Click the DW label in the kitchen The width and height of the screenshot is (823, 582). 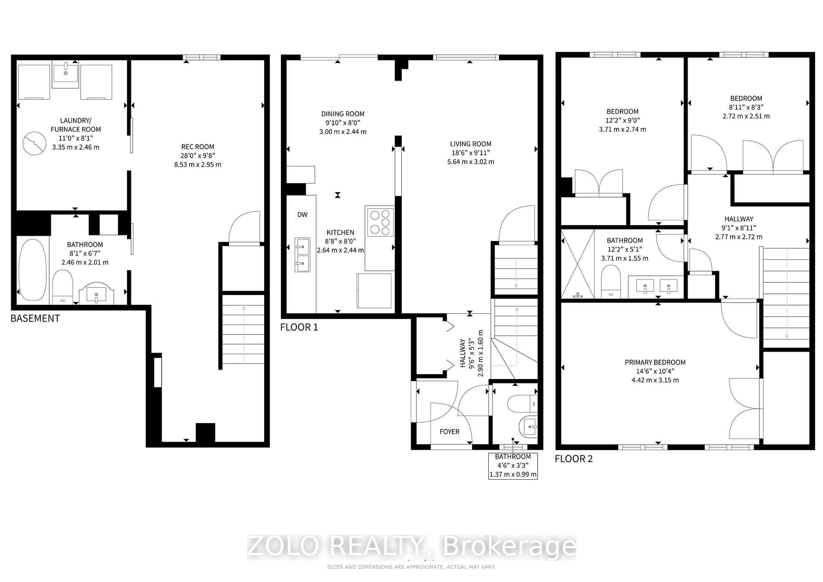(x=302, y=215)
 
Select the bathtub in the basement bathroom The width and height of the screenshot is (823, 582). (x=33, y=270)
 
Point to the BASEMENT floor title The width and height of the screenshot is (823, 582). (x=35, y=318)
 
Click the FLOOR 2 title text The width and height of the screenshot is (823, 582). (x=574, y=459)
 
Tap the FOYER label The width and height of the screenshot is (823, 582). (x=449, y=432)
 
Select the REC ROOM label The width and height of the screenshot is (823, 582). (x=198, y=147)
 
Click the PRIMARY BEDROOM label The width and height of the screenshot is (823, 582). (x=655, y=362)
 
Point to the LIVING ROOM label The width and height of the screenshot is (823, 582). (x=471, y=144)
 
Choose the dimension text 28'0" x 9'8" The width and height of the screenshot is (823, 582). (x=198, y=156)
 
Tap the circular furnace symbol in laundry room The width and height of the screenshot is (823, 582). (x=35, y=144)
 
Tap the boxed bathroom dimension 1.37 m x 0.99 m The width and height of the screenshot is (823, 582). (x=513, y=474)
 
